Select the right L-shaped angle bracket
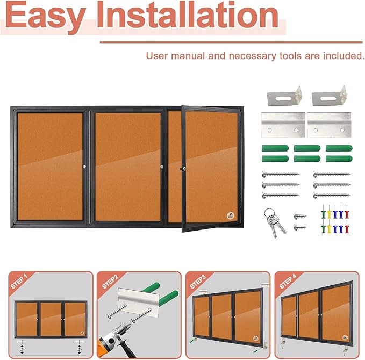(x=328, y=98)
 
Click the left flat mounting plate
(x=283, y=125)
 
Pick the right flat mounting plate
(x=328, y=125)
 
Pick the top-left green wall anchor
(x=271, y=149)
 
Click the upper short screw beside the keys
(x=299, y=216)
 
